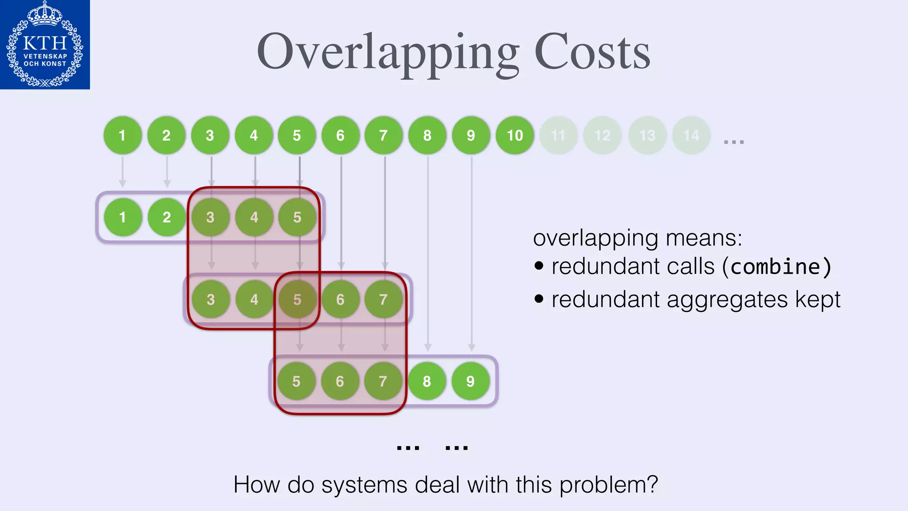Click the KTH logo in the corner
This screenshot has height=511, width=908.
45,44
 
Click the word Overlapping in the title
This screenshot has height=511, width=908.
387,53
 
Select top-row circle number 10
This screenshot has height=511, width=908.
515,135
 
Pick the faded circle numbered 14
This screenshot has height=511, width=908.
691,135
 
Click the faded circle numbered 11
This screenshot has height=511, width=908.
558,135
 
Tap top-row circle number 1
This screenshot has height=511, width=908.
122,135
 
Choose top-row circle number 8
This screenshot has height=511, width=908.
427,135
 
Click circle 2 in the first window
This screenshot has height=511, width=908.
167,217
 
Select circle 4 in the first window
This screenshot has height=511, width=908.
254,217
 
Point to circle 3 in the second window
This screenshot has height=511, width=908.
211,299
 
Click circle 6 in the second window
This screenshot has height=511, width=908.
340,299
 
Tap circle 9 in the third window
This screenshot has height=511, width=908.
470,381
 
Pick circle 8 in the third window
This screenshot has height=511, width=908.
427,381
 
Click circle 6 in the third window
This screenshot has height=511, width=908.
340,381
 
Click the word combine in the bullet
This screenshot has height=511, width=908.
775,267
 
